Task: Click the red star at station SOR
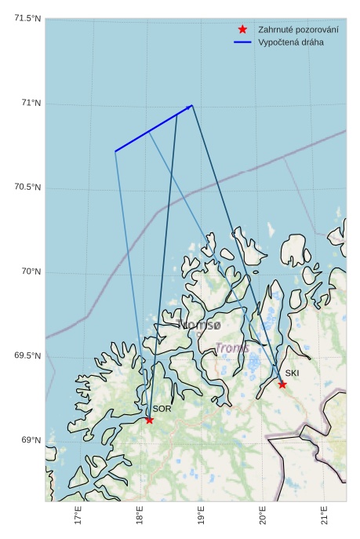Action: pyautogui.click(x=149, y=420)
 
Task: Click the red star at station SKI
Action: pyautogui.click(x=282, y=384)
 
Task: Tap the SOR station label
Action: pyautogui.click(x=162, y=409)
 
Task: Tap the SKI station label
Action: pyautogui.click(x=292, y=373)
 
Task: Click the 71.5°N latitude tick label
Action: pyautogui.click(x=27, y=19)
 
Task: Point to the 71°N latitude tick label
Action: pyautogui.click(x=31, y=103)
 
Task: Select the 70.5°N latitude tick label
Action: pyautogui.click(x=27, y=188)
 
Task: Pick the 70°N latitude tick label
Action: pyautogui.click(x=31, y=271)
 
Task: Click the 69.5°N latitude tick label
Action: pyautogui.click(x=27, y=356)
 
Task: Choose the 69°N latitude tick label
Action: pyautogui.click(x=31, y=440)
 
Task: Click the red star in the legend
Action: pyautogui.click(x=242, y=29)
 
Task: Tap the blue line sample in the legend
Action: pyautogui.click(x=242, y=42)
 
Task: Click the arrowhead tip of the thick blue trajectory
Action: pyautogui.click(x=192, y=105)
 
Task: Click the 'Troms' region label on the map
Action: pyautogui.click(x=231, y=348)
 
